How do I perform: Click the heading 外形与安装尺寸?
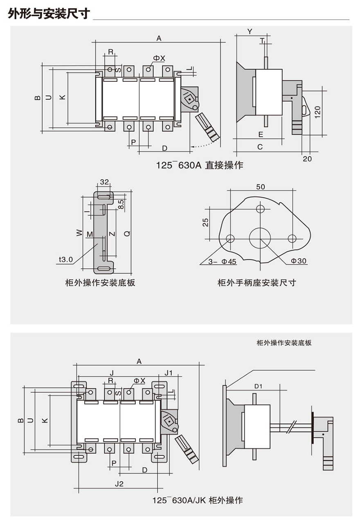(x=48, y=14)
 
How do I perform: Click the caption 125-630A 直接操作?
(x=200, y=165)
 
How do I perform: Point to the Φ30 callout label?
(x=299, y=261)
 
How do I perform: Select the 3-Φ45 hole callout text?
(x=222, y=262)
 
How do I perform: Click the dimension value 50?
(x=261, y=187)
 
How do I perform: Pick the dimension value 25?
(x=206, y=222)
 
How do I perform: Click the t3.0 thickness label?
(x=65, y=259)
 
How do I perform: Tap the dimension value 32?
(x=104, y=182)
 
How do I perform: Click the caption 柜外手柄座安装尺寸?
(x=256, y=283)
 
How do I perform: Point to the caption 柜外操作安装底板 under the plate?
(x=100, y=283)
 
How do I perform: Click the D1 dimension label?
(x=258, y=386)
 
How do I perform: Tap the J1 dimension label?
(x=169, y=372)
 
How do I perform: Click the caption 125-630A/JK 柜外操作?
(x=198, y=500)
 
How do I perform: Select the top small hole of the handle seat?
(x=261, y=209)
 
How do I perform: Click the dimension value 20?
(x=307, y=159)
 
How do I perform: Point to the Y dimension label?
(x=250, y=31)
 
